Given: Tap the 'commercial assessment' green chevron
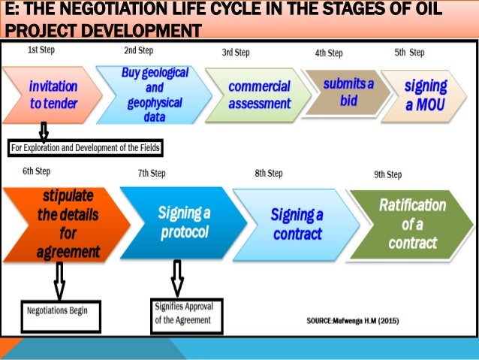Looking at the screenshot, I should pos(258,95).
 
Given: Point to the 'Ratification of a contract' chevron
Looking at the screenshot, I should pos(412,223).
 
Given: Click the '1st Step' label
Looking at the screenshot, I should pos(41,50).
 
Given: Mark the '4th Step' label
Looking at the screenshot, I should pos(329,53).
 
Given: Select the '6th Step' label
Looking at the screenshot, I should pos(36,171).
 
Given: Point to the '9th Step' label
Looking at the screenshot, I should pos(387,174).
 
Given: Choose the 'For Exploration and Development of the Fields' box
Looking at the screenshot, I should pos(86,147).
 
